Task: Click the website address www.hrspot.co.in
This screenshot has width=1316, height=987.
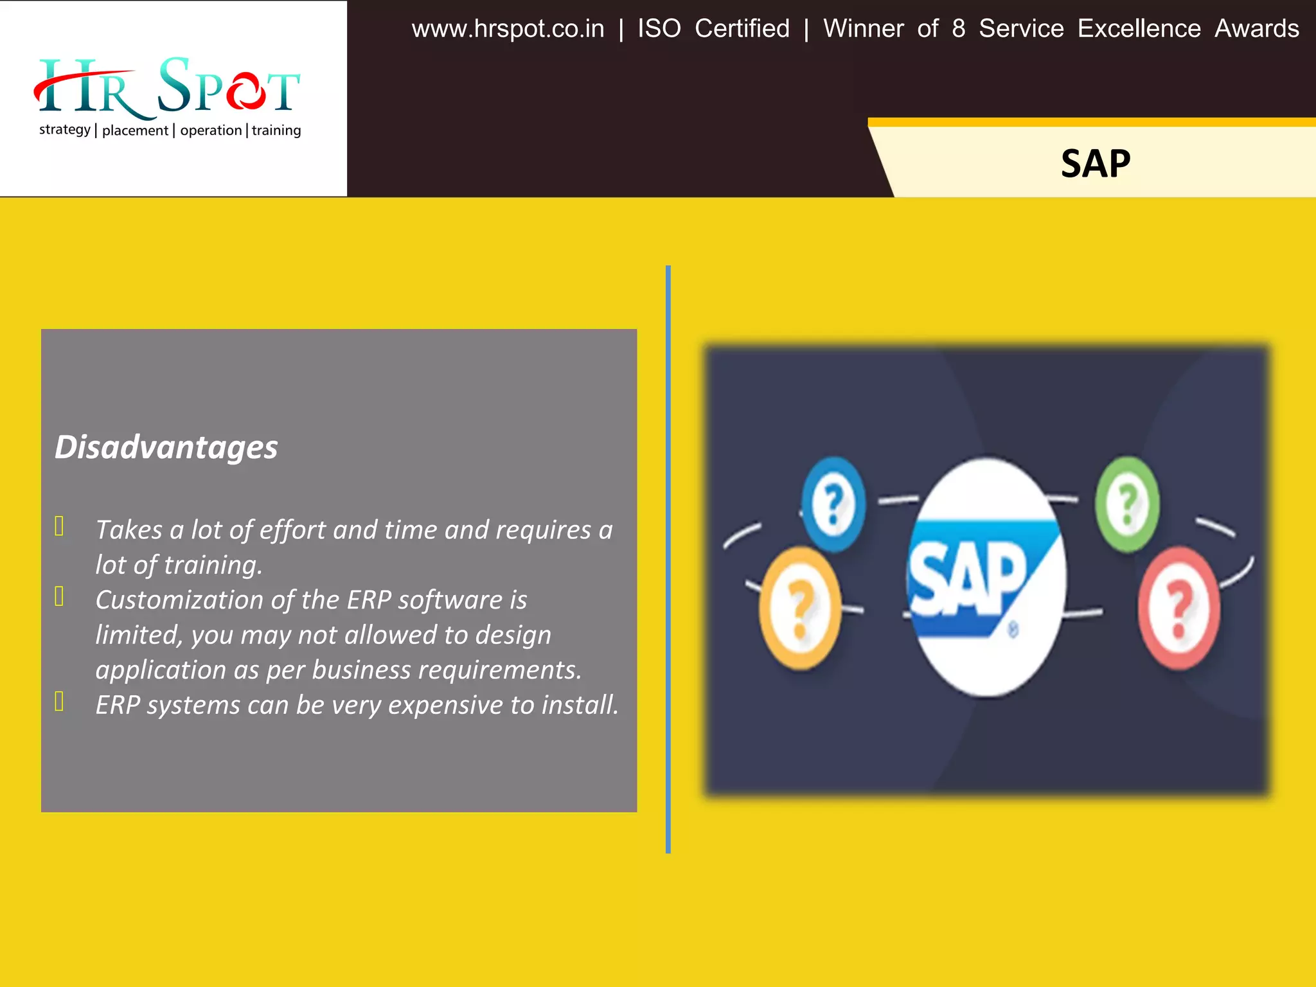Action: click(x=508, y=29)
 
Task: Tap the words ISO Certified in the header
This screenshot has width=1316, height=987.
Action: click(x=713, y=29)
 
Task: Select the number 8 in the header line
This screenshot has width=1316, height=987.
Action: click(x=958, y=29)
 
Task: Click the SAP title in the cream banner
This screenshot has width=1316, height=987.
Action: click(x=1095, y=163)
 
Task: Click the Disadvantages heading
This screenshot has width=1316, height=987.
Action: click(x=166, y=447)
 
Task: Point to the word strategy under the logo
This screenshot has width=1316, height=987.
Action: click(x=64, y=130)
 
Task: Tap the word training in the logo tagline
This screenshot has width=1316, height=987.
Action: click(x=276, y=130)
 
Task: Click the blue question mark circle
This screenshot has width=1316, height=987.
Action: click(x=833, y=504)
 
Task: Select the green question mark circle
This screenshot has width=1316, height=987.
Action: click(x=1127, y=504)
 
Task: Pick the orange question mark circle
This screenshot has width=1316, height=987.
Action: click(x=800, y=608)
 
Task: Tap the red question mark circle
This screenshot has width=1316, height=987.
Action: click(x=1178, y=608)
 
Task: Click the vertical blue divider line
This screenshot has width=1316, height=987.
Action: click(x=668, y=559)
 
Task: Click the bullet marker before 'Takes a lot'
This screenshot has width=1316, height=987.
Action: click(x=59, y=526)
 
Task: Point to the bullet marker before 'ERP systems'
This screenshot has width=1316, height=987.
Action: click(x=59, y=702)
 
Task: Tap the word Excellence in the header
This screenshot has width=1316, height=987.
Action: click(x=1139, y=29)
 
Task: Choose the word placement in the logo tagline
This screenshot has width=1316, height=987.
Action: click(x=135, y=130)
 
